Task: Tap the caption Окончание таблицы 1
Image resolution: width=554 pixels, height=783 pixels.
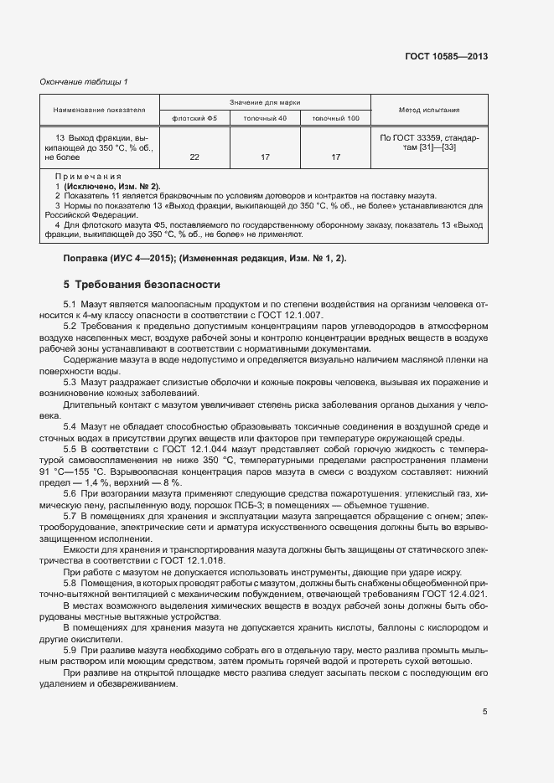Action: point(85,81)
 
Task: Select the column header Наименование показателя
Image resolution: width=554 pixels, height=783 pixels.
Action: point(100,110)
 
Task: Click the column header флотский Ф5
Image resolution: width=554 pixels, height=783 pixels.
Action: point(194,118)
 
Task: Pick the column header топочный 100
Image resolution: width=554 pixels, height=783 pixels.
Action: point(335,118)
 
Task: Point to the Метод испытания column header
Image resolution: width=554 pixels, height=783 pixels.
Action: point(430,110)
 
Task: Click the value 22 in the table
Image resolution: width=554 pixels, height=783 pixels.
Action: point(194,157)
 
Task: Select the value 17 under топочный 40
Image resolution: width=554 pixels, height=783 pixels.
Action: point(265,157)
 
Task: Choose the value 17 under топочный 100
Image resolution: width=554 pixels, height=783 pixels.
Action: point(335,157)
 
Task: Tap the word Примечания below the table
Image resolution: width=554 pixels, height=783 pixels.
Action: point(88,178)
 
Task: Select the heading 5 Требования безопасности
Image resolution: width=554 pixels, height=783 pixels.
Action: point(142,284)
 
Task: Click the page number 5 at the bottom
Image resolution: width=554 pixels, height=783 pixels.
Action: point(485,712)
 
